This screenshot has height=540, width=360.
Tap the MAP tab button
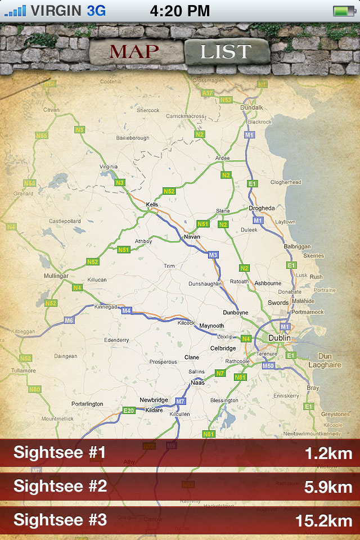click(134, 52)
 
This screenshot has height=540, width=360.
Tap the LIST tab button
click(226, 52)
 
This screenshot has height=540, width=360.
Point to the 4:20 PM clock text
click(180, 10)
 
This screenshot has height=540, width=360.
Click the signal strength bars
click(15, 11)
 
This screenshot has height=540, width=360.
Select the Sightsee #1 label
click(60, 453)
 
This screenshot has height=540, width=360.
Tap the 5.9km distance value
click(328, 487)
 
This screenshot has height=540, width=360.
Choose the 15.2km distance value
click(324, 521)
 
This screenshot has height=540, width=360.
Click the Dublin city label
click(280, 338)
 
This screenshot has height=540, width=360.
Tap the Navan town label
click(192, 237)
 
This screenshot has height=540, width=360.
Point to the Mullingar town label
click(56, 276)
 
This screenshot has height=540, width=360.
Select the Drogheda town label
click(262, 208)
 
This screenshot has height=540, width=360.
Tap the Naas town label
click(197, 382)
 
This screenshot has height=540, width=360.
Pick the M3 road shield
click(213, 255)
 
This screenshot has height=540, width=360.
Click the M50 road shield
click(269, 366)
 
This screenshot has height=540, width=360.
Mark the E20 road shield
click(129, 411)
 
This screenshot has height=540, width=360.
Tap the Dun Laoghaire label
click(325, 361)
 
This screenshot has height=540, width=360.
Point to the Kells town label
click(152, 205)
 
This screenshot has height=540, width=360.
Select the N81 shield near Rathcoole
click(240, 377)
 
